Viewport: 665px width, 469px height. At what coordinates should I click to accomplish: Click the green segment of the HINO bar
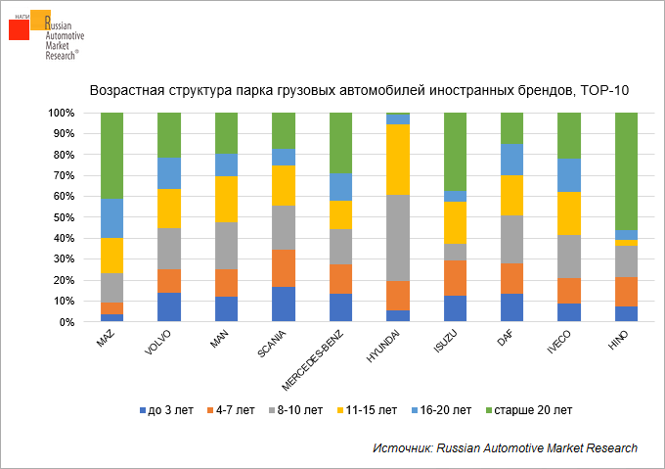[626, 171]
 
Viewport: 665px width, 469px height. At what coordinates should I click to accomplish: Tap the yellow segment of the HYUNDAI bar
[398, 160]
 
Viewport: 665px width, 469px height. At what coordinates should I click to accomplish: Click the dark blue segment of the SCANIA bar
[284, 304]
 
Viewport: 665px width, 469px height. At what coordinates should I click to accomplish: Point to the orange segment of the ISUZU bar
[455, 277]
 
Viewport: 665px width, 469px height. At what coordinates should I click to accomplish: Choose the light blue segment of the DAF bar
[511, 160]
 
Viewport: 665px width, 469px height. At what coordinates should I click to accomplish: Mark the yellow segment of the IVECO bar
[569, 213]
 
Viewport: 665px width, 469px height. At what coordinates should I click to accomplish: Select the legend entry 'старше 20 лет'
[534, 408]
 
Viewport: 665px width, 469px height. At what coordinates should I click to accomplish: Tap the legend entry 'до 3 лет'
[162, 408]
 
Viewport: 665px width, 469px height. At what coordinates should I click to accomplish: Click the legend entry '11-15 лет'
[368, 408]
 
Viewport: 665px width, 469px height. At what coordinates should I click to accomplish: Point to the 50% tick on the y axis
[77, 217]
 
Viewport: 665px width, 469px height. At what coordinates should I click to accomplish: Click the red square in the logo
[19, 29]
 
